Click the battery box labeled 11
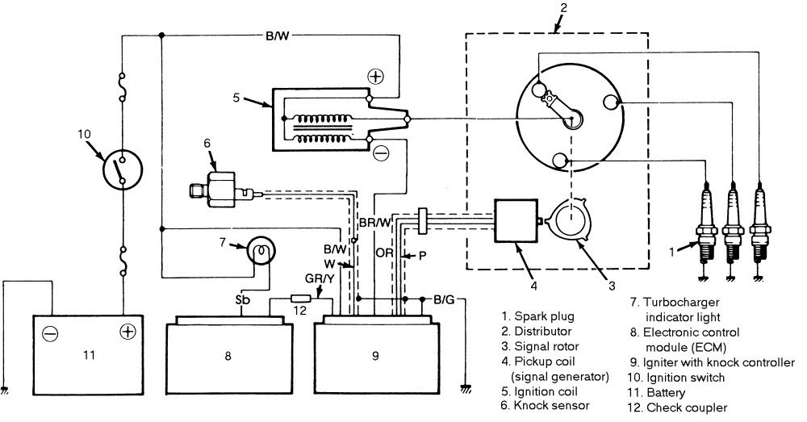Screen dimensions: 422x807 point(88,356)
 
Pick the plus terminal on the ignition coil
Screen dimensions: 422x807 point(376,77)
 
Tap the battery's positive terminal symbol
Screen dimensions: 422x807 point(126,332)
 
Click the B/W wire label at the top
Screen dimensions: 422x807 point(278,36)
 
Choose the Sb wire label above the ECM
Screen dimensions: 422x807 point(241,300)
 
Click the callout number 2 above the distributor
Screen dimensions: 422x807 point(564,9)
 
